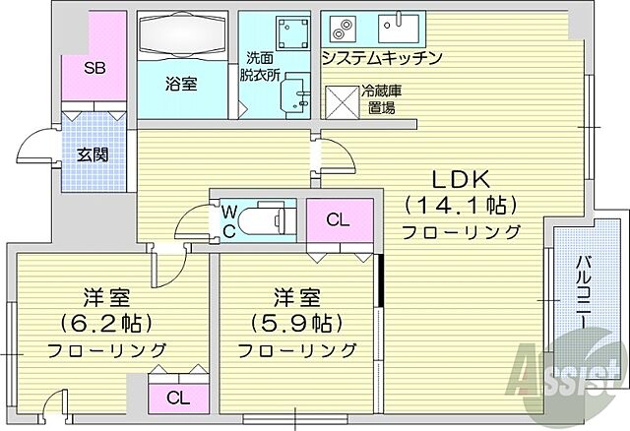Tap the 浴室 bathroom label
click(x=181, y=84)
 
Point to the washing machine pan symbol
click(x=291, y=35)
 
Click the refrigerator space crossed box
click(x=343, y=99)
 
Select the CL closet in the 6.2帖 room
click(x=178, y=398)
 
